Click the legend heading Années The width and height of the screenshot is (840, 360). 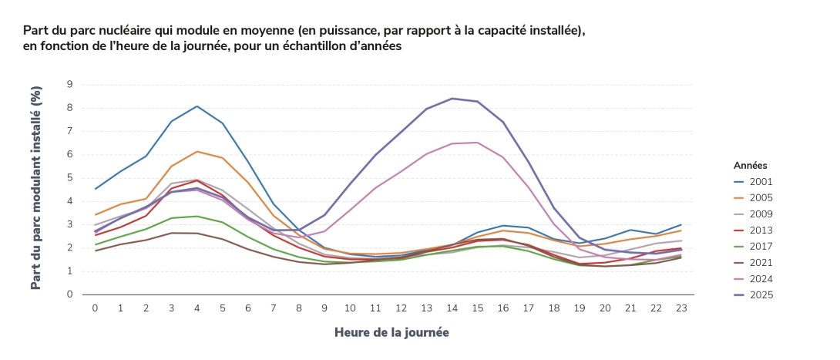[750, 165]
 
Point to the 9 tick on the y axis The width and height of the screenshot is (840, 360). [69, 84]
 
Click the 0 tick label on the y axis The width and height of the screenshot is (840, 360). [69, 294]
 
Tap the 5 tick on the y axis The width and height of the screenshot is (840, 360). [69, 177]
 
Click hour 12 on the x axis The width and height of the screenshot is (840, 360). [401, 308]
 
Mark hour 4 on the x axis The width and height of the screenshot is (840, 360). [197, 308]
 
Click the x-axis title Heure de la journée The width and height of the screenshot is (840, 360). [391, 332]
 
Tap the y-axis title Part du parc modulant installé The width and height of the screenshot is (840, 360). [35, 189]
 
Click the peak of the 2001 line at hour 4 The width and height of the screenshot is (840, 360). [197, 106]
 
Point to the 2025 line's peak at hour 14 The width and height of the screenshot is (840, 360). [452, 98]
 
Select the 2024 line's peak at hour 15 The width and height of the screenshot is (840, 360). [477, 142]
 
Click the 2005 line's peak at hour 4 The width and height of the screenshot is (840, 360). [197, 151]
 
